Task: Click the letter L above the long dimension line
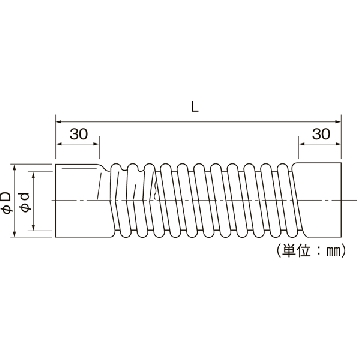pos(195,107)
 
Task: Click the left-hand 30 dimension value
pos(79,134)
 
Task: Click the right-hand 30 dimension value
pos(321,134)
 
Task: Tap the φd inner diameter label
pos(26,202)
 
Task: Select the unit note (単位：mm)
pos(311,251)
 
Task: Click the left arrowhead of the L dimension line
pos(59,121)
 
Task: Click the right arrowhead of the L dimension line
pos(338,121)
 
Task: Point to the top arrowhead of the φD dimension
pos(14,167)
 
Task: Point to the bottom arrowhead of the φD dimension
pos(14,234)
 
